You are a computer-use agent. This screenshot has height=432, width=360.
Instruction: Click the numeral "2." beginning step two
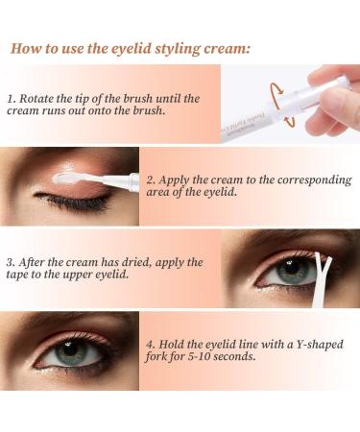[x=151, y=179]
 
